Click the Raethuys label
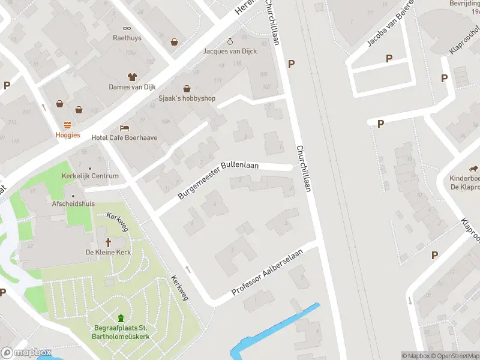tap(127, 38)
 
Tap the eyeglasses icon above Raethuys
tap(127, 28)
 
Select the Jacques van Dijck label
tap(230, 51)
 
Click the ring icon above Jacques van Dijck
tap(230, 41)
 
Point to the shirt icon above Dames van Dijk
tap(132, 76)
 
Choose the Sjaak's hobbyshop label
tap(187, 98)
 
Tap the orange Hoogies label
tap(68, 135)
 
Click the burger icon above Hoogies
tap(68, 125)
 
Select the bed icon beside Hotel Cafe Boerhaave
tap(124, 128)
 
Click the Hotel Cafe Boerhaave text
tap(124, 137)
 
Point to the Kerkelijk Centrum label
tap(90, 176)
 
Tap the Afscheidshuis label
tap(74, 203)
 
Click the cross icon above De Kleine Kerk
tap(109, 242)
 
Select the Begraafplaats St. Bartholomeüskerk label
tap(122, 332)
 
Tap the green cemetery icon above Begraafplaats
tap(121, 318)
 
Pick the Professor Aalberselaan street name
tap(268, 274)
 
